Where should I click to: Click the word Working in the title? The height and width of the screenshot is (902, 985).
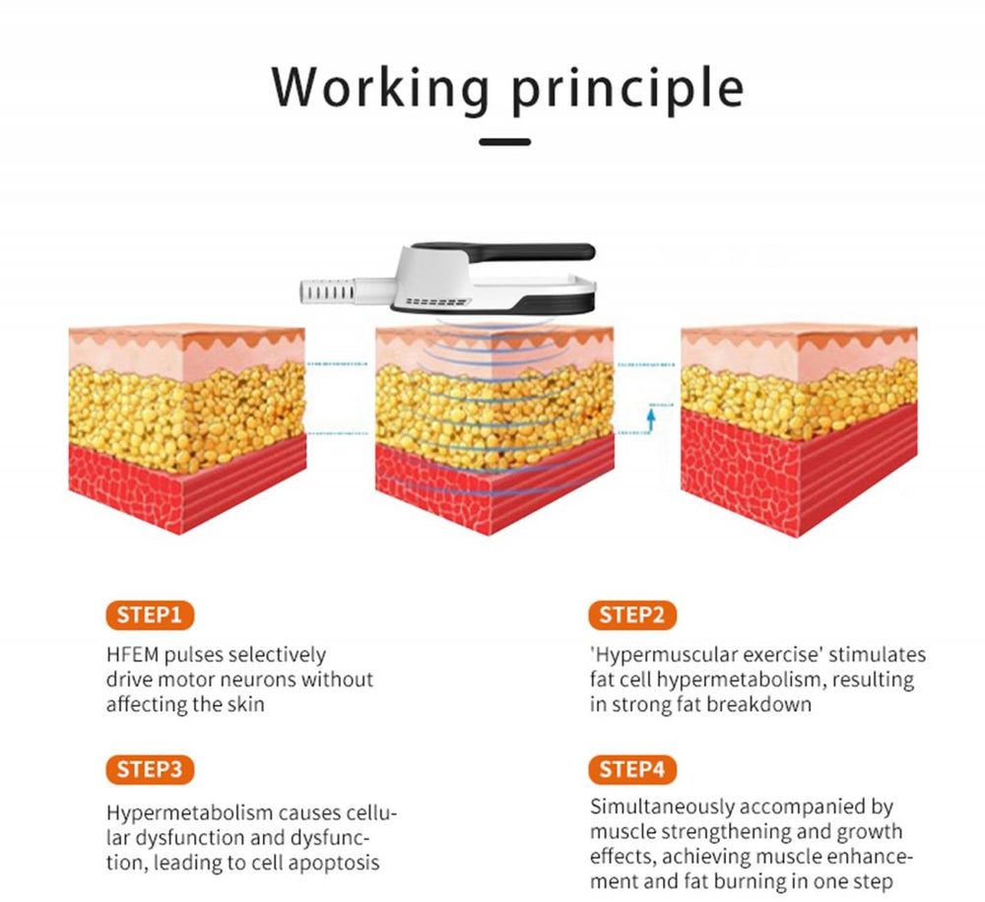(x=380, y=88)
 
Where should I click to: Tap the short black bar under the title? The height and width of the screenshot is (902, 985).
(x=505, y=142)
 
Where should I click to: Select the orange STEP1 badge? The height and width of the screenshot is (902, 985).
(x=150, y=614)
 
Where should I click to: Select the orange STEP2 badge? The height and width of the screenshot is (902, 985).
(x=632, y=614)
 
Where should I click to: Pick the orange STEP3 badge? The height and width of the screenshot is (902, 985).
(x=150, y=769)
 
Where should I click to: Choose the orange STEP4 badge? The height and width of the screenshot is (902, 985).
(x=632, y=769)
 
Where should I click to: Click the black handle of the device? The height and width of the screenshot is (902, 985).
(x=502, y=250)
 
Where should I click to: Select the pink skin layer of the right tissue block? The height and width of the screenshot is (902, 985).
(x=799, y=358)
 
